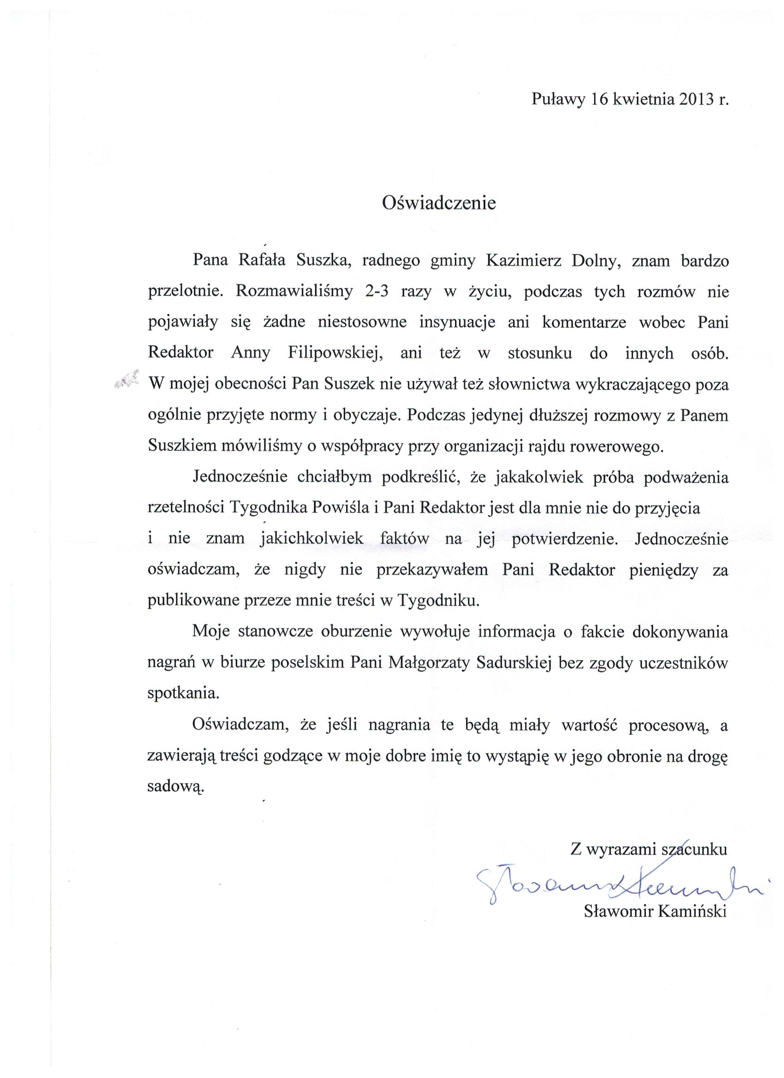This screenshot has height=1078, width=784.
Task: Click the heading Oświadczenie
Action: (x=439, y=203)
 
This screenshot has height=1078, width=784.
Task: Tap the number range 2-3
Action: (x=377, y=292)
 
